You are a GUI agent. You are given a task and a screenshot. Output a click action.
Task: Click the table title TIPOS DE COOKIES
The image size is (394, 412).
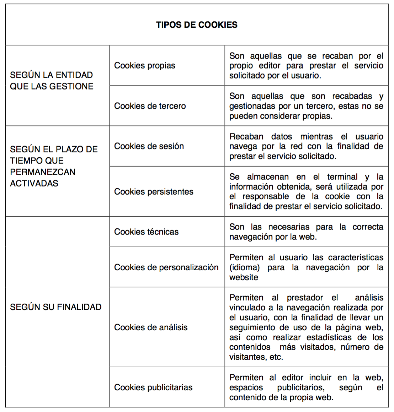(197, 25)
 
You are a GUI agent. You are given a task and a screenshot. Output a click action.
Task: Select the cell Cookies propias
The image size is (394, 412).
(144, 66)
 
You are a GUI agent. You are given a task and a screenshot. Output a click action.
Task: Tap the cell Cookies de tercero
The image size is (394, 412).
(150, 106)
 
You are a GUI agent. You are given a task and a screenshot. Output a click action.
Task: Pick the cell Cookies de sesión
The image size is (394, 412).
(149, 146)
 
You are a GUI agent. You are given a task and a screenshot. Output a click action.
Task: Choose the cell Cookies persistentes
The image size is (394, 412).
(154, 192)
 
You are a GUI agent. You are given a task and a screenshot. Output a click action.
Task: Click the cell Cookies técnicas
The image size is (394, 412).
(146, 232)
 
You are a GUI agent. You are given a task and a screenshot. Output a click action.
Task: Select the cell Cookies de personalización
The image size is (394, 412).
(166, 267)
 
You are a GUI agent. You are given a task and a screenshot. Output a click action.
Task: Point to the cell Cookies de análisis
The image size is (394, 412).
(150, 327)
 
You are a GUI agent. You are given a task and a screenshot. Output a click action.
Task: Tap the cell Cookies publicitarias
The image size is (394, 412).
(153, 387)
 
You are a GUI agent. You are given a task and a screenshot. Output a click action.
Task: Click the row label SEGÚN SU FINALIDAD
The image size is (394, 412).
(56, 307)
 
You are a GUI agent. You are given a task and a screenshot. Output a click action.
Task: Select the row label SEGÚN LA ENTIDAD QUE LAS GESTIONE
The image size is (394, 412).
(52, 81)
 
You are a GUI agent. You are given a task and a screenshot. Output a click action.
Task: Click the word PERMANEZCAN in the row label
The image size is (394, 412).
(43, 172)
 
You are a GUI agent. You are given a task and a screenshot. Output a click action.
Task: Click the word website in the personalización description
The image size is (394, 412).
(244, 277)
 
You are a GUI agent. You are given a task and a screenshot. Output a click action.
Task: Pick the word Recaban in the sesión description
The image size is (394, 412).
(246, 137)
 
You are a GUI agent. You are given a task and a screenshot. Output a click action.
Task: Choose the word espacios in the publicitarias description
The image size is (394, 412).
(246, 387)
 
